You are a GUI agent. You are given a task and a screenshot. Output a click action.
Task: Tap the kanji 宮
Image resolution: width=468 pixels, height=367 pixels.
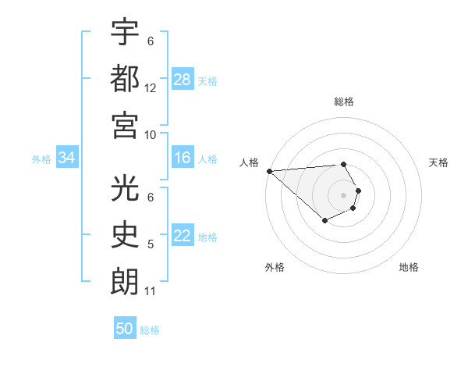tap(125, 123)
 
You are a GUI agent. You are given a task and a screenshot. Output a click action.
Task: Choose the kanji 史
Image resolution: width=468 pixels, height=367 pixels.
tap(125, 234)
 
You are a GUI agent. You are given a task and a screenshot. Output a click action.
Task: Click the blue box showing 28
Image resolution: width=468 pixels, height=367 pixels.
tap(183, 80)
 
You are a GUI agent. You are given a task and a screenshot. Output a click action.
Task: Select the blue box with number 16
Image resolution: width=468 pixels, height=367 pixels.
tap(183, 159)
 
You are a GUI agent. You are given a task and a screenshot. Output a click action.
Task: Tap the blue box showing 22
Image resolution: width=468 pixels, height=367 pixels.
tap(183, 237)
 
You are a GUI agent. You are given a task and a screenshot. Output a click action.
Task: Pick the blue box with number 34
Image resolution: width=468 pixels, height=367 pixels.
tap(67, 159)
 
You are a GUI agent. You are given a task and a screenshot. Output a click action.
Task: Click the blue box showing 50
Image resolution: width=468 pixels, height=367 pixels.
tap(125, 329)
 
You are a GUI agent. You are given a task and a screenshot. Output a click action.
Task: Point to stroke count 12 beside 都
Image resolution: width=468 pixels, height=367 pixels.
tap(151, 88)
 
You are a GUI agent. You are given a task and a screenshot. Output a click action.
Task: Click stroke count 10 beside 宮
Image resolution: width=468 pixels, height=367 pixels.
tap(151, 134)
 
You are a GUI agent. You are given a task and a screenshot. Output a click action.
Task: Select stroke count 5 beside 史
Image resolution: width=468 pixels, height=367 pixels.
tap(151, 244)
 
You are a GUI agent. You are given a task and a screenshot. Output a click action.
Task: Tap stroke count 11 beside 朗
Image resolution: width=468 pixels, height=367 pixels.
tap(151, 291)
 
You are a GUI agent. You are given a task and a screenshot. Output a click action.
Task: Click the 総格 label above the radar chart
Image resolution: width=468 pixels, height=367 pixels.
tap(343, 102)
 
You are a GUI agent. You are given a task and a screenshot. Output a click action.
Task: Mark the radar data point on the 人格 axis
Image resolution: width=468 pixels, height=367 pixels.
tap(268, 171)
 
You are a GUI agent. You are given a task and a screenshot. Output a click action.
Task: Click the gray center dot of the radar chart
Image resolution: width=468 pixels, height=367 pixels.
tap(343, 194)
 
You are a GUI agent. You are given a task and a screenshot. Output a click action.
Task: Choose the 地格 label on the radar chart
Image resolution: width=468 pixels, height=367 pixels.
tap(409, 267)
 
